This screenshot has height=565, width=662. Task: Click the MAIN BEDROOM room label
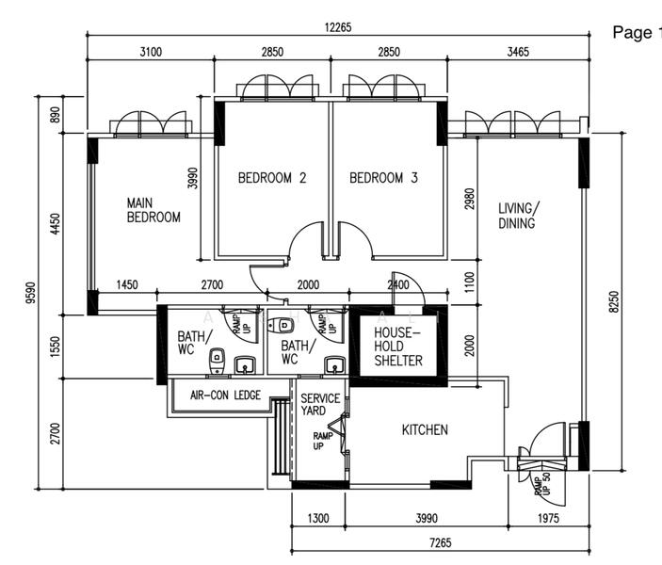[153, 209]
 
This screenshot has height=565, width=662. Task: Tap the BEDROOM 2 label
[272, 178]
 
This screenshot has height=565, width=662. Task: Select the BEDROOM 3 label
[383, 178]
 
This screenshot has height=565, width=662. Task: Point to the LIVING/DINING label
[518, 216]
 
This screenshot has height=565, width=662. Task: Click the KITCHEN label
[425, 430]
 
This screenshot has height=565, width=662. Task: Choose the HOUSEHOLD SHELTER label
[398, 347]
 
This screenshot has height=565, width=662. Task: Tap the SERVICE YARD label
[320, 405]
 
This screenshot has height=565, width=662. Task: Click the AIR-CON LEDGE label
[226, 395]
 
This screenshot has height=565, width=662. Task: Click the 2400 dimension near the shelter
[398, 284]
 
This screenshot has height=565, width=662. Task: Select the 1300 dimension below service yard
[318, 518]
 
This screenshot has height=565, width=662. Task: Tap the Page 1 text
[637, 33]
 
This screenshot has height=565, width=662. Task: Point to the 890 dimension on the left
[55, 115]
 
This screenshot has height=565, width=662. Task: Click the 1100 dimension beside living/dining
[469, 281]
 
